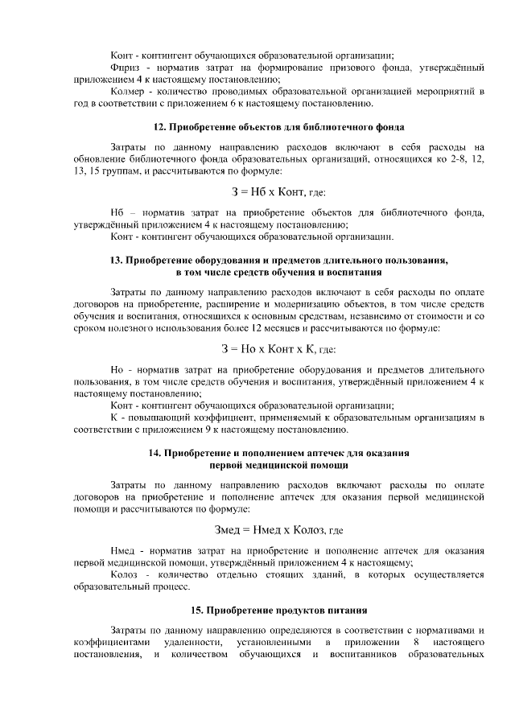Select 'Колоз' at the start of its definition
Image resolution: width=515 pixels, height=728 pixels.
click(x=124, y=574)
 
